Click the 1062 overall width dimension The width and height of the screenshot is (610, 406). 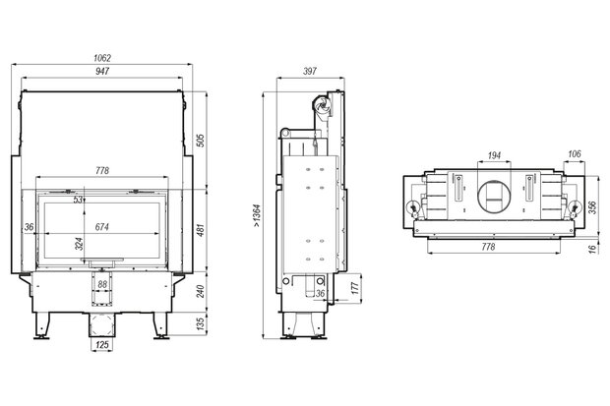point(102,58)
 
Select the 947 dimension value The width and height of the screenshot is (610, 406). point(102,71)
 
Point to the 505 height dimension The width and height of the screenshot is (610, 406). point(200,141)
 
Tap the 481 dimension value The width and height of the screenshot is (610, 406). point(200,230)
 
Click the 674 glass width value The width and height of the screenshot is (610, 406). point(102,227)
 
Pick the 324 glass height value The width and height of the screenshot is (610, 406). point(79,244)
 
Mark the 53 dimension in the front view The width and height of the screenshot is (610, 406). point(78,200)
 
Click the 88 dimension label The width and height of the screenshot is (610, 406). point(102,284)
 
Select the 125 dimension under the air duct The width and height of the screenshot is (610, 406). point(102,344)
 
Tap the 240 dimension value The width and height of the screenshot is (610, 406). point(200,291)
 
